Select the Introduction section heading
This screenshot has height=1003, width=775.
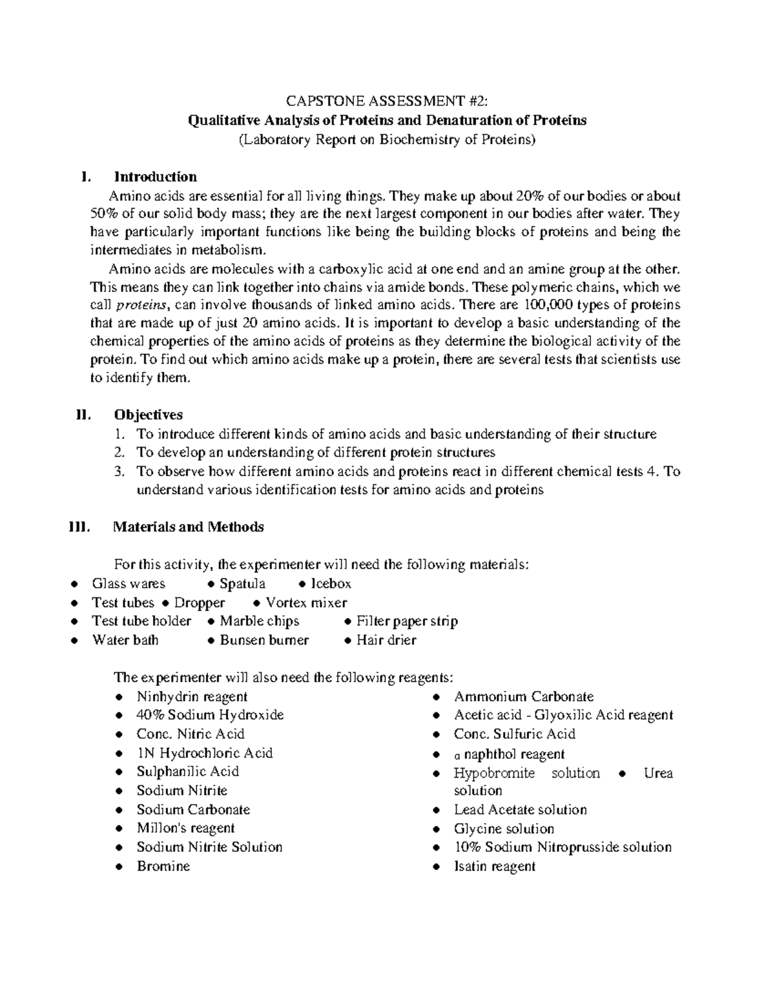click(155, 177)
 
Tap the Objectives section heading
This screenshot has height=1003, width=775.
click(148, 415)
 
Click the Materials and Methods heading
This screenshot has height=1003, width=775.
click(188, 527)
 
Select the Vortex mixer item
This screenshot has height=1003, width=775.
click(306, 603)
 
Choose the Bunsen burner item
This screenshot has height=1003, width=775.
click(264, 640)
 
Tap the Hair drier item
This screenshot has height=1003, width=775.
click(386, 640)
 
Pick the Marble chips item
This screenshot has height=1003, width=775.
click(260, 621)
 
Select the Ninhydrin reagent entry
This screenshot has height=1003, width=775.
click(192, 697)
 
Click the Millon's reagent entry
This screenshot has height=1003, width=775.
click(185, 829)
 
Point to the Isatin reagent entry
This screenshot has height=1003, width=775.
click(494, 866)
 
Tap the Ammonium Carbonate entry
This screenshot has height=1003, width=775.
click(523, 697)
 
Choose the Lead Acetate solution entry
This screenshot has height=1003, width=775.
click(520, 810)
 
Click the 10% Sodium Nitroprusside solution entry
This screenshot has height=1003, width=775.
click(563, 847)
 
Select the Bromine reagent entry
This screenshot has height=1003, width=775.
click(163, 866)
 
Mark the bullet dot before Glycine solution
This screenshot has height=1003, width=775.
click(437, 829)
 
